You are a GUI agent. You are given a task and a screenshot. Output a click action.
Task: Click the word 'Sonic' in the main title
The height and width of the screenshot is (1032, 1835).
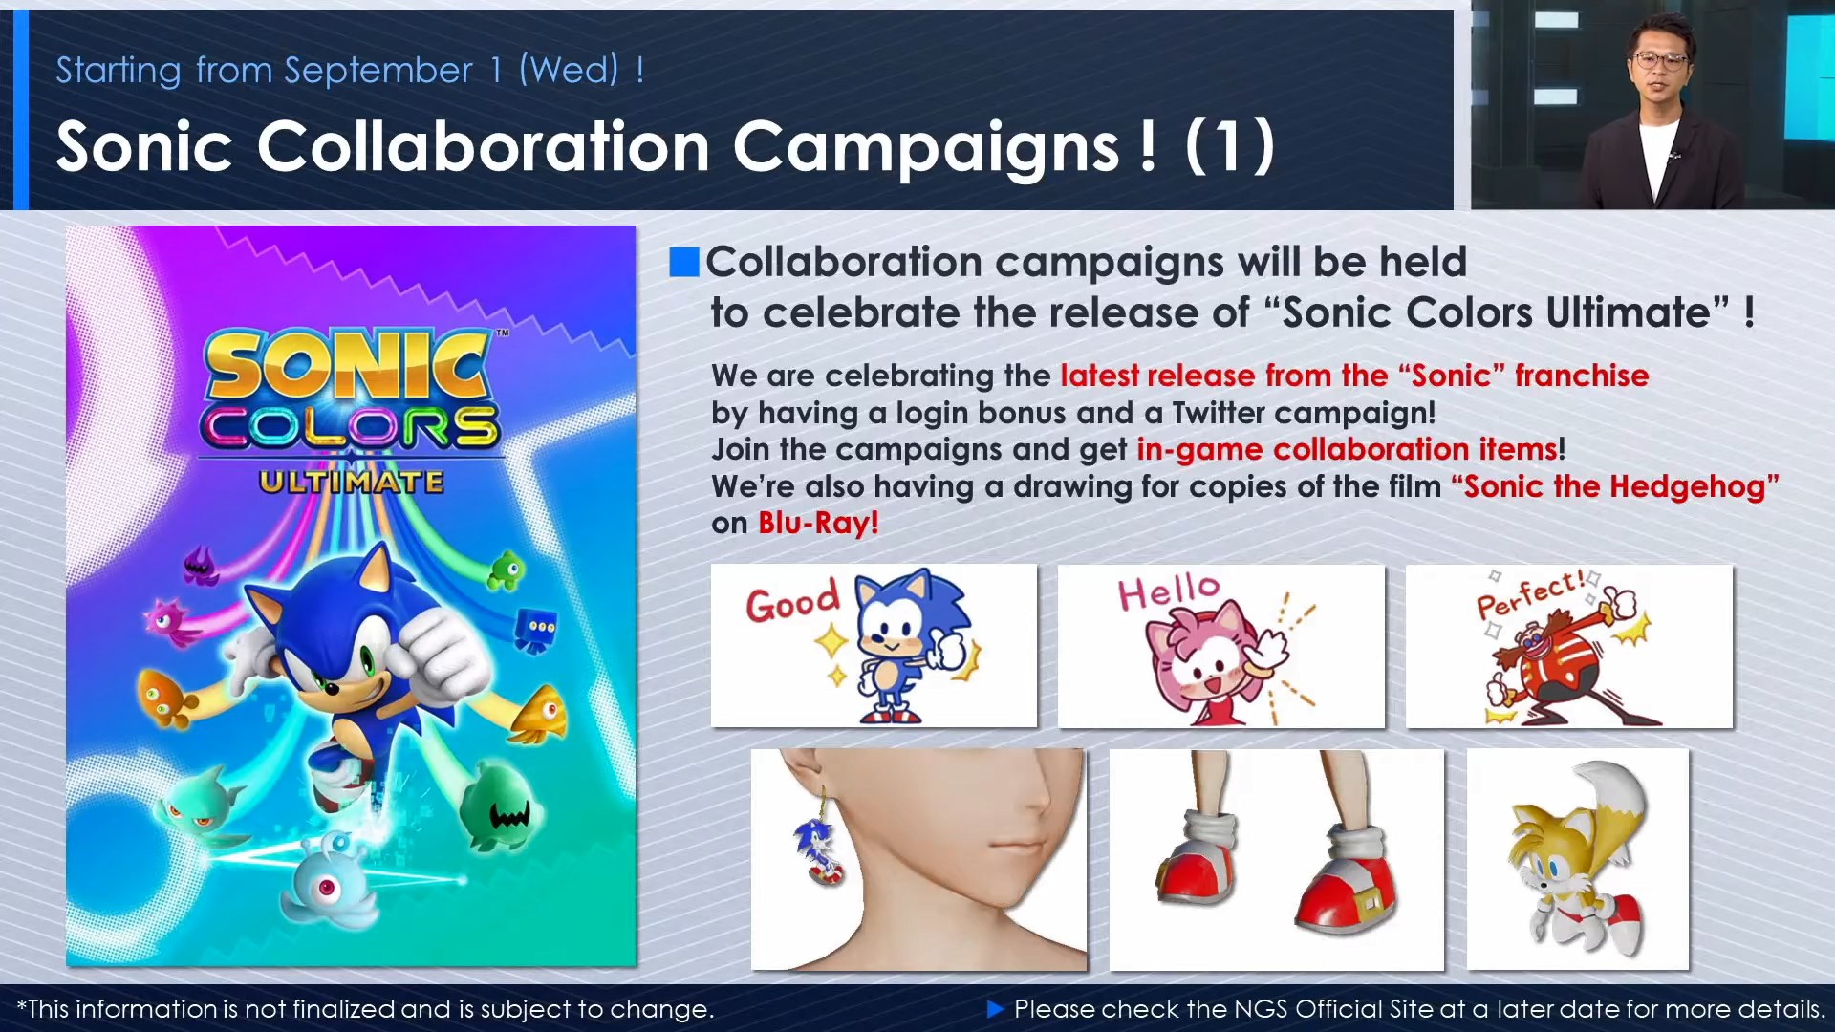[144, 147]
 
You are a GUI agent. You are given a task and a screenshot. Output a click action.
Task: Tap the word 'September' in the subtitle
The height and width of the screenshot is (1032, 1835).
[378, 71]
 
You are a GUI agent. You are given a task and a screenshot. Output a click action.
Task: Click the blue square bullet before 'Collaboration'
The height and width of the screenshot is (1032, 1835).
[684, 262]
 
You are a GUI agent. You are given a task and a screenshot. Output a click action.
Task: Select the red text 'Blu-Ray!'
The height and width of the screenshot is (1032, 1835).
[818, 523]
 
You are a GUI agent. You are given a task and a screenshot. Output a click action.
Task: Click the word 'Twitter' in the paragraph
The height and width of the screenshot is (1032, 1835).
[1219, 413]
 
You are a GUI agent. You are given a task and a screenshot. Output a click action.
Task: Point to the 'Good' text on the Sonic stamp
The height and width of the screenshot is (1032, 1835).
[792, 602]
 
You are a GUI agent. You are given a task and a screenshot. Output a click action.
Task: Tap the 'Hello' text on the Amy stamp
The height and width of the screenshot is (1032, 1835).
[1169, 591]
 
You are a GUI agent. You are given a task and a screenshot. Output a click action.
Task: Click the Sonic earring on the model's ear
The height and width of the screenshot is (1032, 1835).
[819, 849]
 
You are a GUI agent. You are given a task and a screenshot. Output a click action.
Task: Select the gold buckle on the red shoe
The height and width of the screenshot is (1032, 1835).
[1368, 901]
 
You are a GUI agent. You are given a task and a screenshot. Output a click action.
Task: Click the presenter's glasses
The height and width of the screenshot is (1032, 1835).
[1660, 60]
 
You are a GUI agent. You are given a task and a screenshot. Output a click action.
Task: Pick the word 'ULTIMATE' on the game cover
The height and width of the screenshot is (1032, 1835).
[351, 482]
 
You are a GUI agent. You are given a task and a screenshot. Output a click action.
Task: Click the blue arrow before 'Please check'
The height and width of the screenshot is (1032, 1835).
[995, 1008]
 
